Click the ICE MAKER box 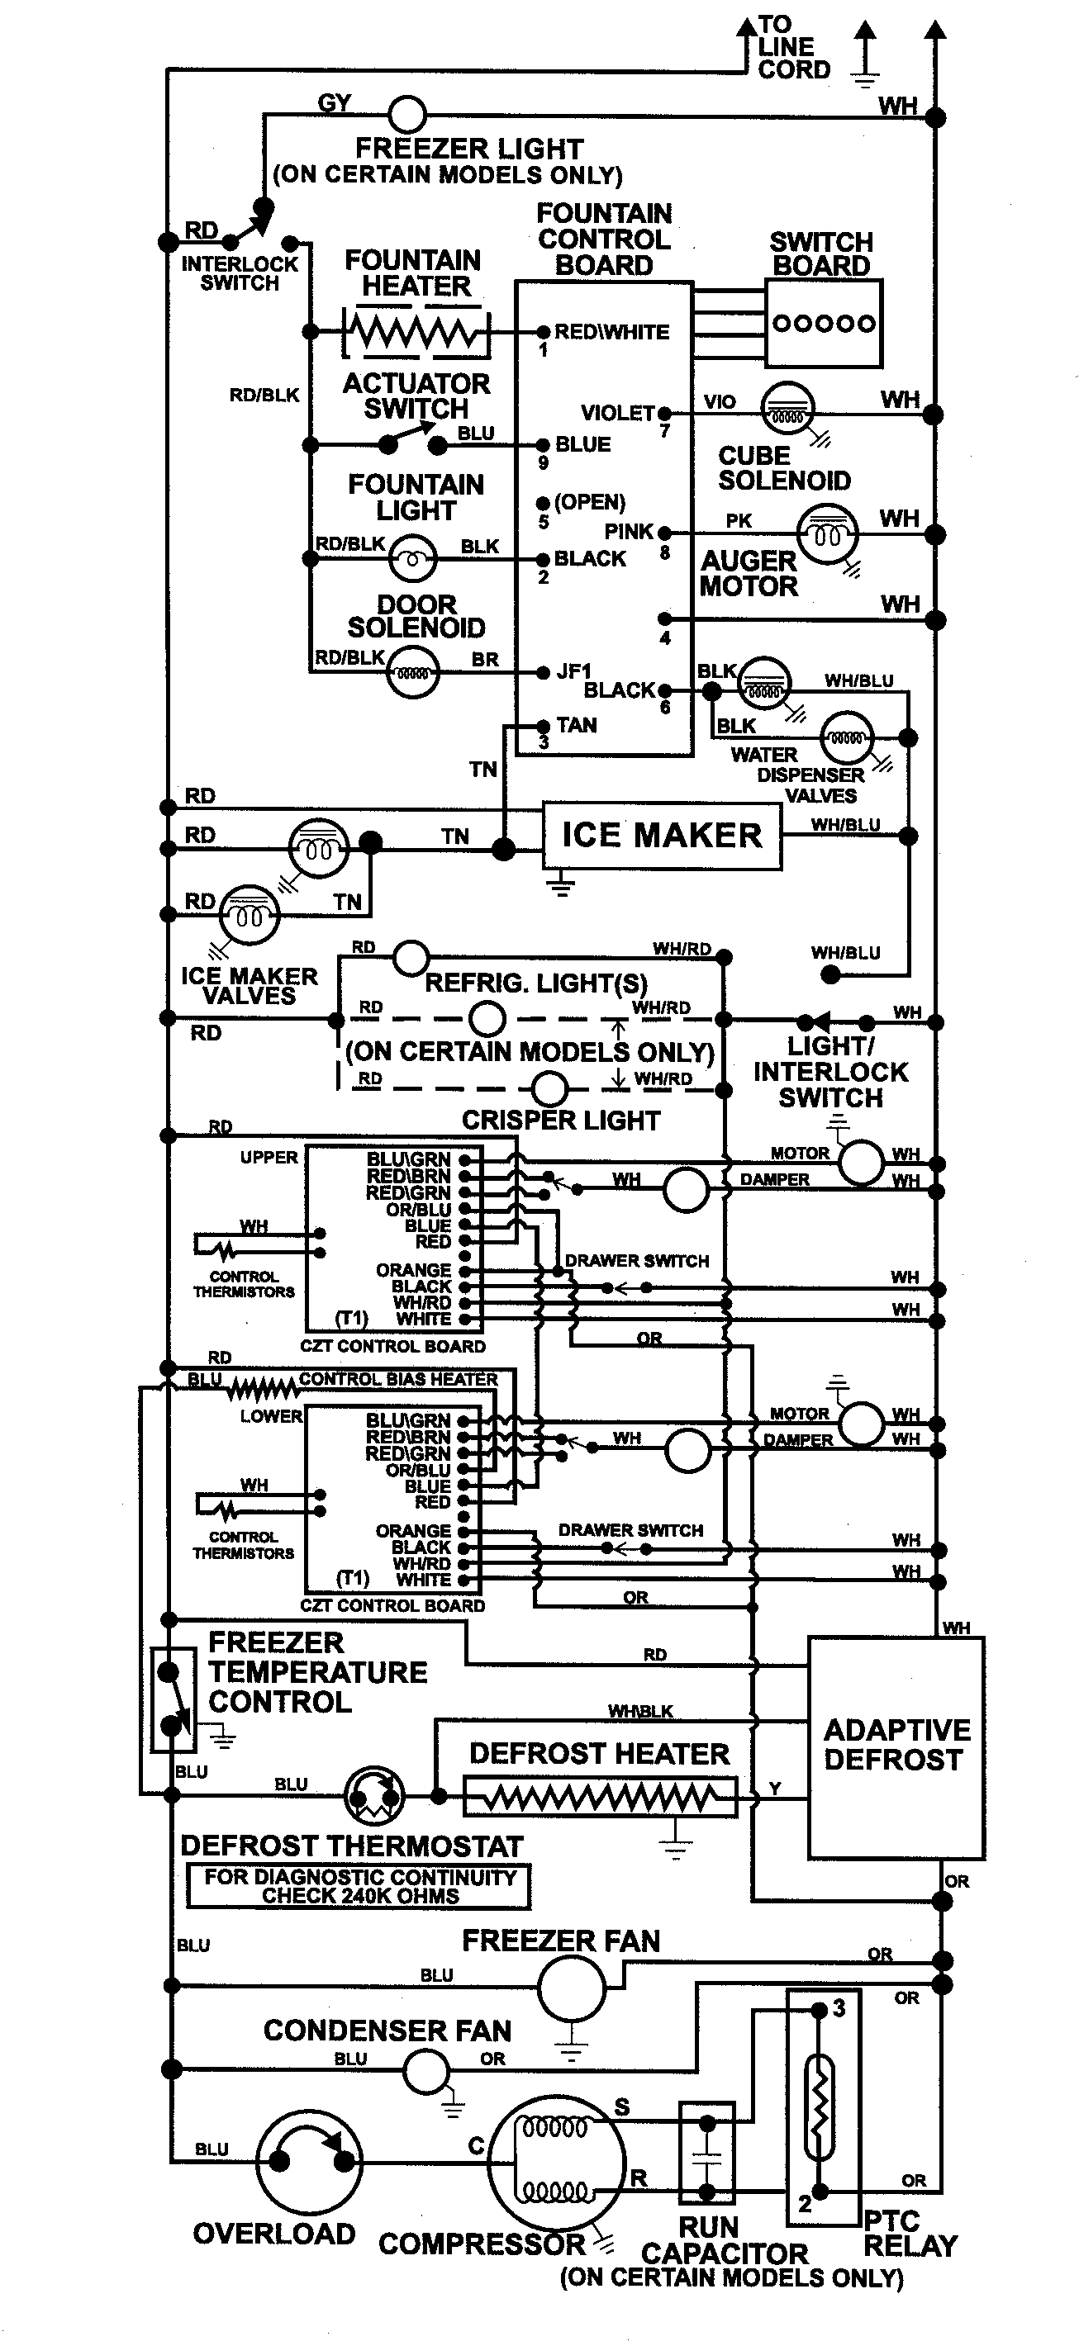pos(662,835)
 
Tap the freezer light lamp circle pos(407,115)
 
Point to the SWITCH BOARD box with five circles pos(824,323)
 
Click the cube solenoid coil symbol pos(787,408)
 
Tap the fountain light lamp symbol pos(413,558)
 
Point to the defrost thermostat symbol pos(374,1796)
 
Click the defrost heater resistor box pos(600,1797)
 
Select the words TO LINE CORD pos(792,47)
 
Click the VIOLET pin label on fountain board pos(618,414)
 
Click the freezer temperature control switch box pos(173,1699)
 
